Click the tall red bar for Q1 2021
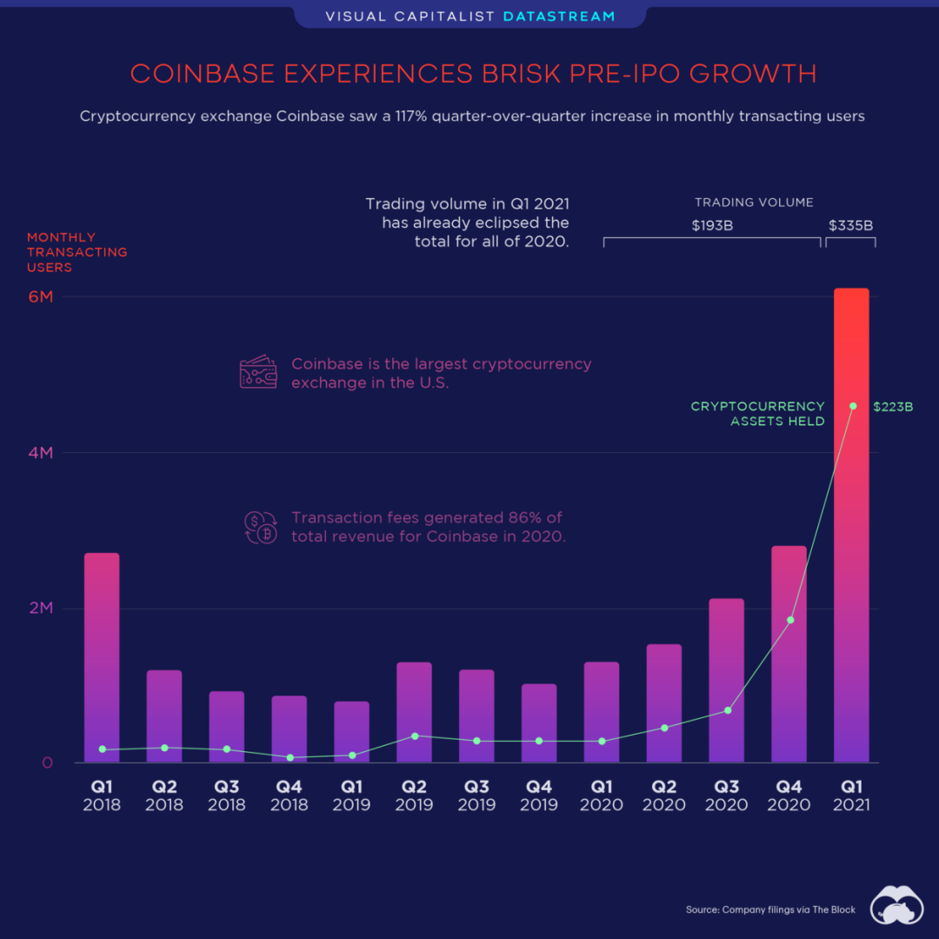[850, 522]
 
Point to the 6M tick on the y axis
[41, 296]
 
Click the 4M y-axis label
[41, 453]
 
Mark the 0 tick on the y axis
[47, 763]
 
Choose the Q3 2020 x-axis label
[726, 796]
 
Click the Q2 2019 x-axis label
[414, 796]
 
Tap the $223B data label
[893, 406]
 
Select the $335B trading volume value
[850, 226]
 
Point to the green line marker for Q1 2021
[853, 406]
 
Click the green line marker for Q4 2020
[790, 620]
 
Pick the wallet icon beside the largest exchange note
[258, 373]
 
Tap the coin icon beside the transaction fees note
[258, 528]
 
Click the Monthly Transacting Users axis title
[77, 252]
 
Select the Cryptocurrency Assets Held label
[757, 414]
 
